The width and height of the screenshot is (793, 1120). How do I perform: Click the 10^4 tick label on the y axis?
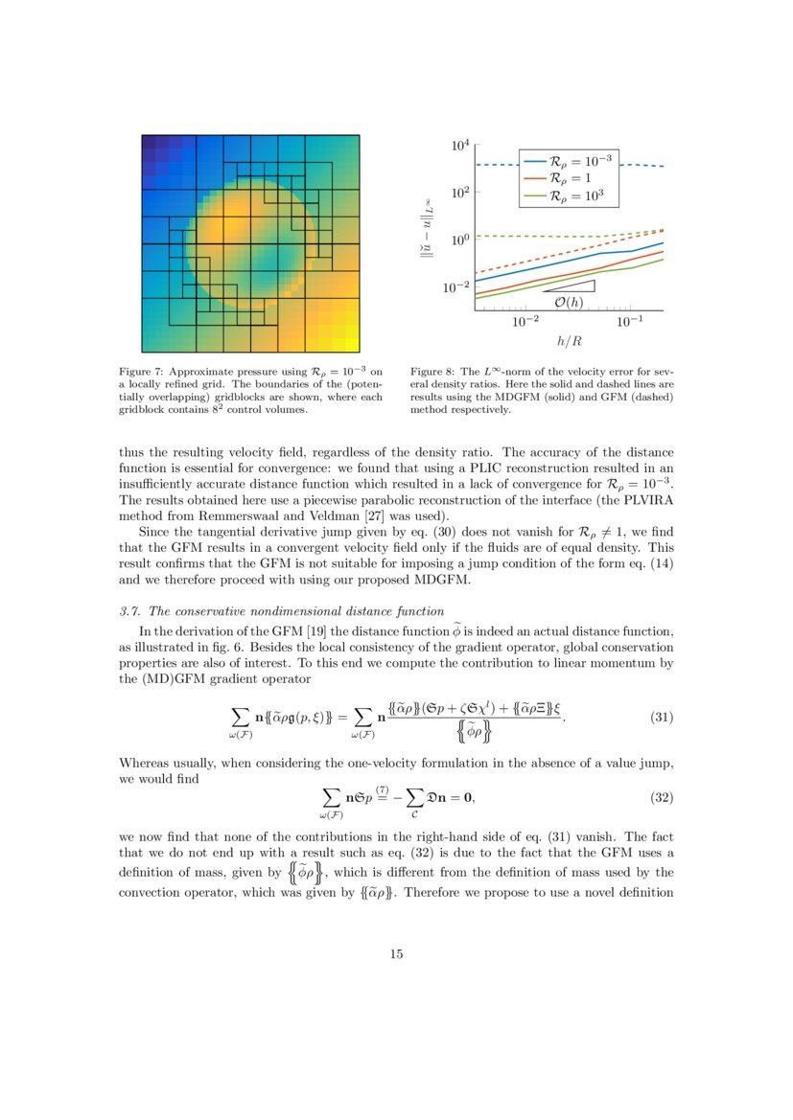click(x=460, y=146)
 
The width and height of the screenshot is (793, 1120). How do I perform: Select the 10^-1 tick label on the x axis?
click(x=630, y=322)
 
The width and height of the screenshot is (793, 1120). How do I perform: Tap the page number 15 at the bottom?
click(x=396, y=953)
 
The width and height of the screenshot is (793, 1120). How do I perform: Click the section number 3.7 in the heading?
click(x=129, y=612)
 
